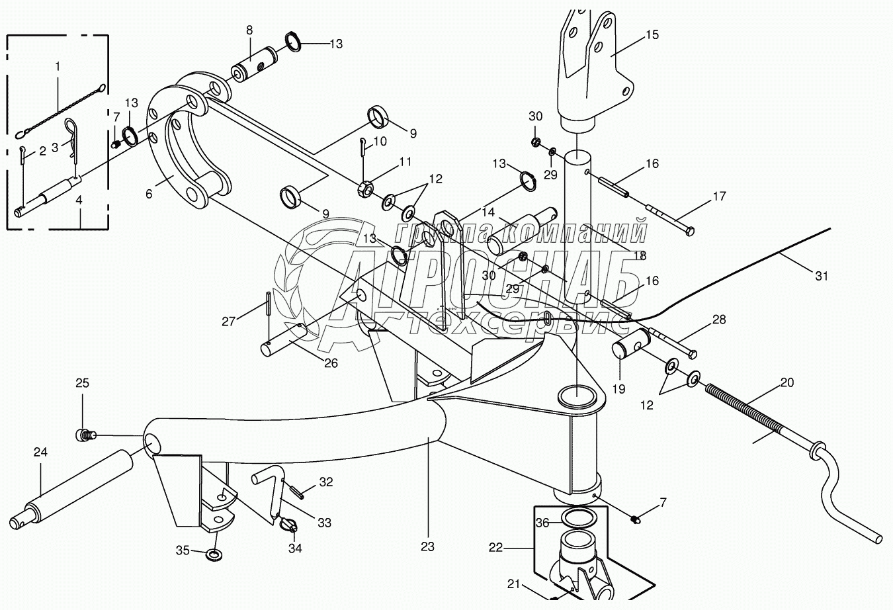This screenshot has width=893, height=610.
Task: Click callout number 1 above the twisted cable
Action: (x=58, y=67)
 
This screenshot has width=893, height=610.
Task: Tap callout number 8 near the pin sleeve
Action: (x=249, y=30)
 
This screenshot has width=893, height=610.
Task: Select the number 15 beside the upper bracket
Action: (x=652, y=34)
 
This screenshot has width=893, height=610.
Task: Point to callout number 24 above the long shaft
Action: (x=40, y=452)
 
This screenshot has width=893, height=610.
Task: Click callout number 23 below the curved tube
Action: (x=427, y=546)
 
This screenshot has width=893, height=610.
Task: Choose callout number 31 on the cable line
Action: (x=822, y=276)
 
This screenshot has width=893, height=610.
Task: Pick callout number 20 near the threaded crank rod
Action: (x=787, y=382)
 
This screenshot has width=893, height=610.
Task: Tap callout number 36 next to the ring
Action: (x=542, y=523)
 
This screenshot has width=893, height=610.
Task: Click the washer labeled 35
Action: (x=215, y=554)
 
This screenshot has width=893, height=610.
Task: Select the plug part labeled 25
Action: (x=85, y=435)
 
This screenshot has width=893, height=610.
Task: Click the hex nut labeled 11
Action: (x=366, y=188)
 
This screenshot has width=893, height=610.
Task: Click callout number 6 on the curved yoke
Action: (x=149, y=194)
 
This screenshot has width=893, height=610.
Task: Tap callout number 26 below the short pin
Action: (x=331, y=363)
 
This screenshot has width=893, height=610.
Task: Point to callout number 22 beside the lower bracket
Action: (x=495, y=548)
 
